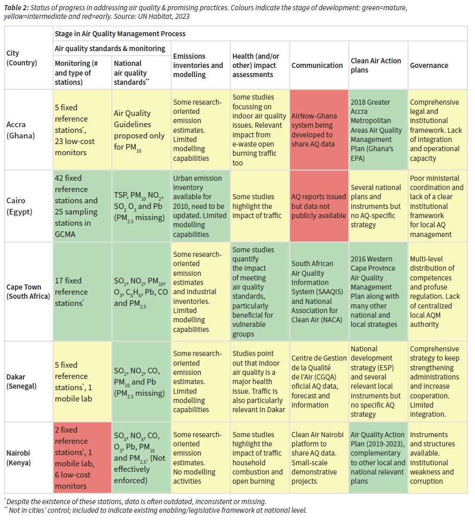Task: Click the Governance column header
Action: pos(429,65)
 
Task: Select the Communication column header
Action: pos(317,65)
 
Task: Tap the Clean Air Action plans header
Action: pos(376,65)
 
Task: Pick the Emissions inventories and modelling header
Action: pos(198,65)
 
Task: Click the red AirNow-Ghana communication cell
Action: pos(319,130)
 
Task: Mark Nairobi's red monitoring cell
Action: pos(82,458)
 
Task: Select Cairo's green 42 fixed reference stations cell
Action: pos(82,206)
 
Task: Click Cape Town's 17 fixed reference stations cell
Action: pos(82,292)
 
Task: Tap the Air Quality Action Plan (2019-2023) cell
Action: pos(377,458)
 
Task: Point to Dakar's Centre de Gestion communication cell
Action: pos(319,381)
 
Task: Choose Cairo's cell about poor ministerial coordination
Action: pos(437,206)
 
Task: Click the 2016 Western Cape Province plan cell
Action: pos(377,292)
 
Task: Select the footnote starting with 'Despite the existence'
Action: pos(135,502)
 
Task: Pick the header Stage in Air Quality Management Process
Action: pos(120,34)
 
